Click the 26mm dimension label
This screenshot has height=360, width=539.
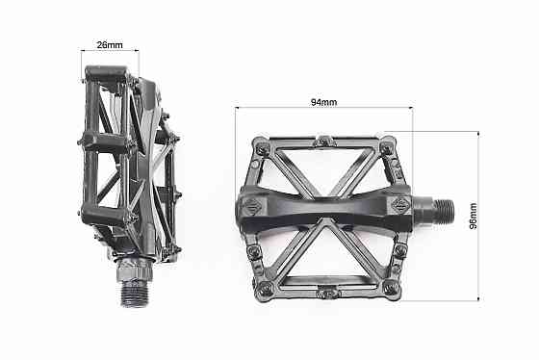point(108,43)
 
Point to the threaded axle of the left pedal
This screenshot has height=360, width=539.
point(132,288)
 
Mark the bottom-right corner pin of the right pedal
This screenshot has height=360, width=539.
point(389,286)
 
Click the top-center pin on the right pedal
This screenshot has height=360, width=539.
point(324,141)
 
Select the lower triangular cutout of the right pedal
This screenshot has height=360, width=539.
point(325,255)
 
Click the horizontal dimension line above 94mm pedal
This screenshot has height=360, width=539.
point(322,109)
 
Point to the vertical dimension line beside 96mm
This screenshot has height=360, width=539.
point(478,217)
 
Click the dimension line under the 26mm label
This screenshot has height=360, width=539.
point(110,52)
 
